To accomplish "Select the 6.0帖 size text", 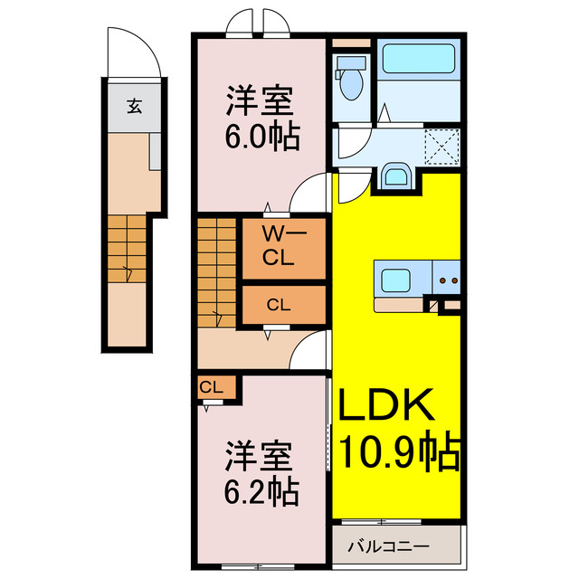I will tap(262, 139).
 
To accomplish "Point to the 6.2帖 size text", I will tap(262, 491).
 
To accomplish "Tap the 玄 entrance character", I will tap(133, 106).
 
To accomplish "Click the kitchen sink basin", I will tap(398, 279).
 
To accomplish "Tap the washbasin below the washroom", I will tap(395, 176).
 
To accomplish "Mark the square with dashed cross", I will tap(441, 146).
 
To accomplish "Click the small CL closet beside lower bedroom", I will tap(214, 388).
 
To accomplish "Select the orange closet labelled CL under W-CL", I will tap(280, 305).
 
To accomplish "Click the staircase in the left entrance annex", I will tap(126, 246).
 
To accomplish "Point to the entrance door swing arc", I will tap(136, 56).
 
